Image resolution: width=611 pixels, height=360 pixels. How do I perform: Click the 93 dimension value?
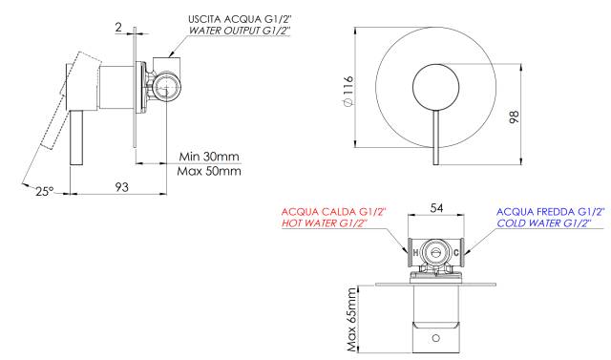(x=121, y=187)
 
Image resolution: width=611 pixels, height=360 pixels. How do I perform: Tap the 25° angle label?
(x=45, y=191)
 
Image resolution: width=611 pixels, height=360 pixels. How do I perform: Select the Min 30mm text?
(x=209, y=157)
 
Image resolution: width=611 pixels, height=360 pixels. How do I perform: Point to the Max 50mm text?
(x=209, y=171)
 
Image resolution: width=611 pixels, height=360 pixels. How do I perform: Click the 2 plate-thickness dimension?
(x=118, y=27)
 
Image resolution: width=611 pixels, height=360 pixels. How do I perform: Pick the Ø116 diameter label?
(x=348, y=91)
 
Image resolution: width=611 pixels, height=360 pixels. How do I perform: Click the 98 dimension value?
(x=515, y=117)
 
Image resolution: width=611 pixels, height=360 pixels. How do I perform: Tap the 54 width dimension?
(x=436, y=208)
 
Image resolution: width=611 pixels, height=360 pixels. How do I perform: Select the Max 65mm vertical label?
(x=352, y=320)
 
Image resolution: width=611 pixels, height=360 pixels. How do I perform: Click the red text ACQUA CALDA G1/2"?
(x=333, y=212)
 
